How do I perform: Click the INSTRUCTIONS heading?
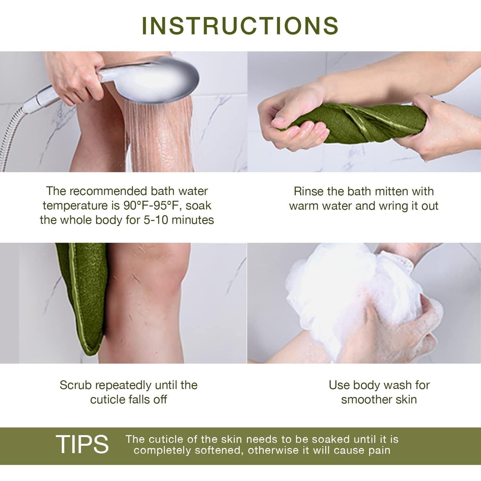click(240, 25)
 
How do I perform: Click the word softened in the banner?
click(218, 450)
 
